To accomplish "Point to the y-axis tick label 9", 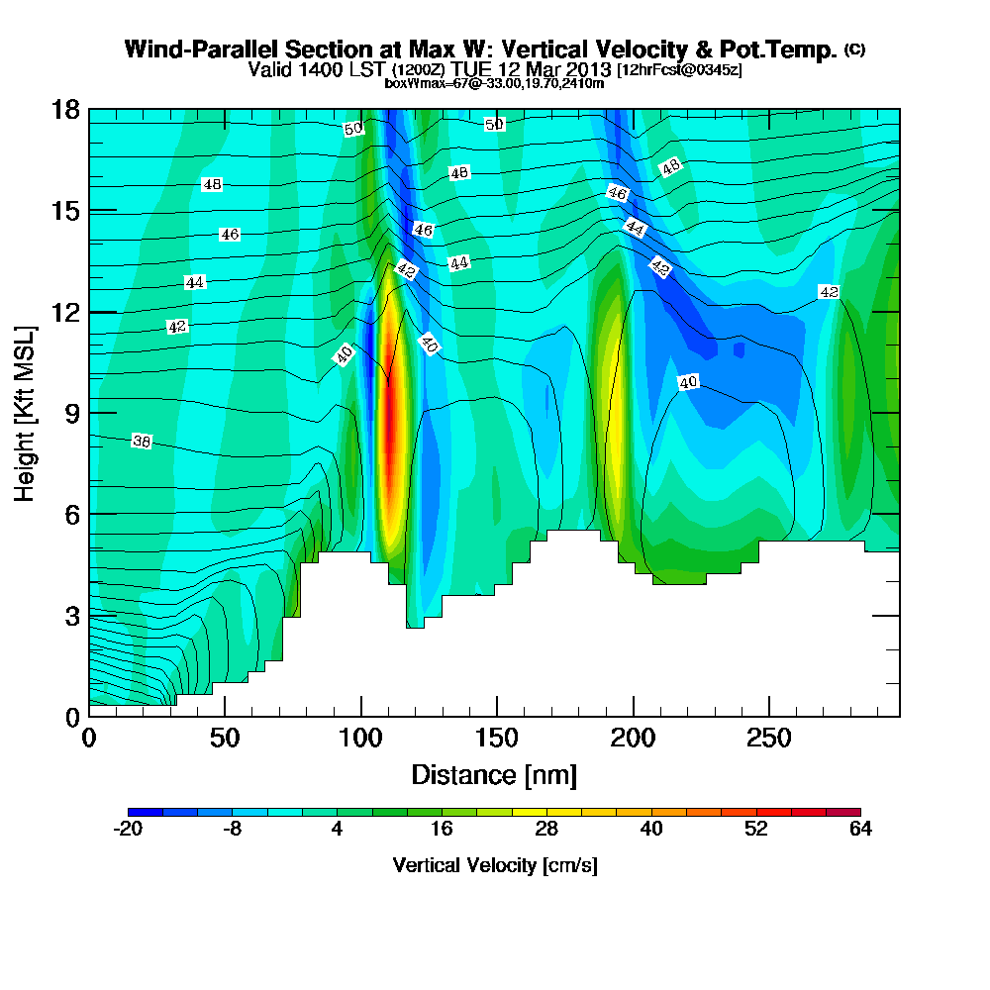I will pyautogui.click(x=70, y=413).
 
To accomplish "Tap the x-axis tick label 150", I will pyautogui.click(x=496, y=739).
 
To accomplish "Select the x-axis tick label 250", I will pyautogui.click(x=767, y=739).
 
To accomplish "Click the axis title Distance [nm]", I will pyautogui.click(x=494, y=773).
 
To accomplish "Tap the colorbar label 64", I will pyautogui.click(x=860, y=830).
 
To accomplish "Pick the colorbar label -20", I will pyautogui.click(x=129, y=830).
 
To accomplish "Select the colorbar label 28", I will pyautogui.click(x=546, y=830).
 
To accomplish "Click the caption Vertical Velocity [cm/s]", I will pyautogui.click(x=494, y=865).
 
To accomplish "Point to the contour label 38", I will pyautogui.click(x=142, y=442).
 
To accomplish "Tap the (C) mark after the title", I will pyautogui.click(x=854, y=49).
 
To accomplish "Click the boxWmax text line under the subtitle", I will pyautogui.click(x=494, y=83).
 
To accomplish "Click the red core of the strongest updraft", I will pyautogui.click(x=389, y=436).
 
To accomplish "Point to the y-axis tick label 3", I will pyautogui.click(x=70, y=616).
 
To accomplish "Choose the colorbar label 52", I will pyautogui.click(x=756, y=830).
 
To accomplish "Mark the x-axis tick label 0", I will pyautogui.click(x=89, y=739).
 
